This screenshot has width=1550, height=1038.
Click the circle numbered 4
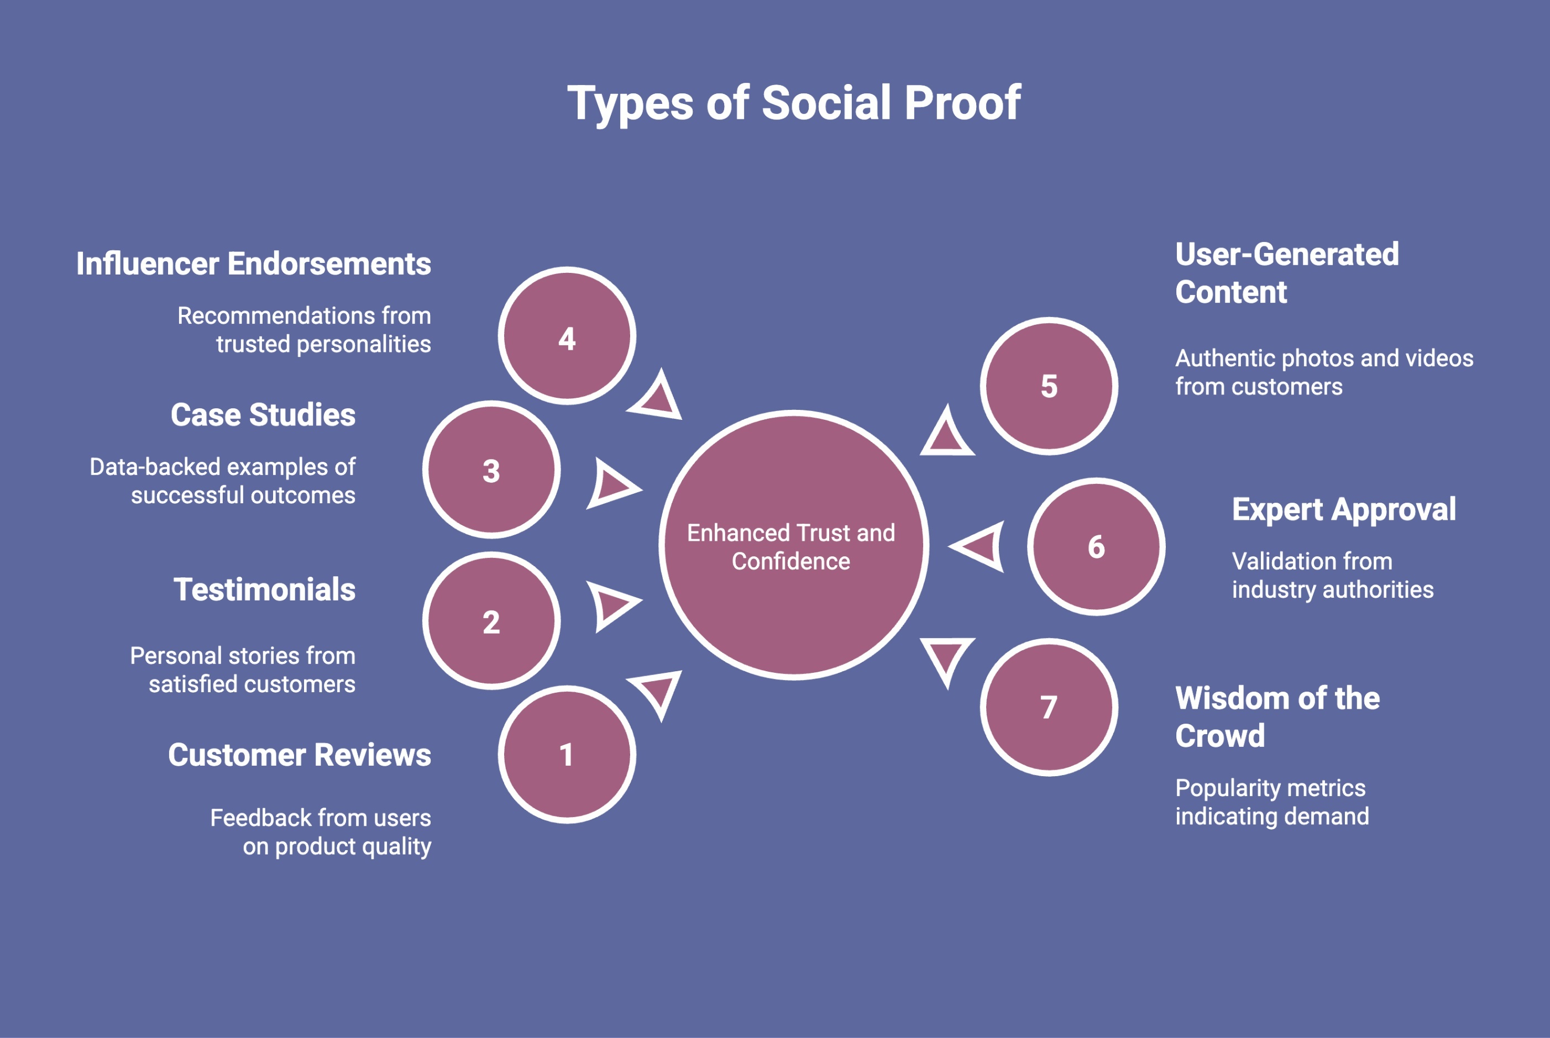pyautogui.click(x=567, y=336)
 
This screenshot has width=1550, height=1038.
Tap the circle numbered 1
pyautogui.click(x=567, y=755)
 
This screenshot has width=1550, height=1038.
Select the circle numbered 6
pyautogui.click(x=1096, y=547)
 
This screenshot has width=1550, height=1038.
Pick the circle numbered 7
pyautogui.click(x=1049, y=707)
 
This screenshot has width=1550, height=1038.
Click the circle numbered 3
pyautogui.click(x=491, y=470)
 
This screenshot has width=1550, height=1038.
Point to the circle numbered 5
pyautogui.click(x=1049, y=386)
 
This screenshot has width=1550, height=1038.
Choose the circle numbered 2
pyautogui.click(x=491, y=621)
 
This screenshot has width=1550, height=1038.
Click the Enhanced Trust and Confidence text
pyautogui.click(x=791, y=547)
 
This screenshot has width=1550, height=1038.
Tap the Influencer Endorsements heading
pyautogui.click(x=254, y=264)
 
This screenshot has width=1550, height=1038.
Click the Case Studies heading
pyautogui.click(x=263, y=415)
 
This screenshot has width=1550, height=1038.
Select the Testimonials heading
pyautogui.click(x=264, y=590)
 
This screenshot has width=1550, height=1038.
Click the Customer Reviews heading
pyautogui.click(x=300, y=755)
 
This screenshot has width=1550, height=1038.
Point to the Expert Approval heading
pyautogui.click(x=1343, y=510)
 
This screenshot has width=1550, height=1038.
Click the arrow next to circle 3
pyautogui.click(x=612, y=484)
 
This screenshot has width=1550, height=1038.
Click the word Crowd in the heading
pyautogui.click(x=1219, y=736)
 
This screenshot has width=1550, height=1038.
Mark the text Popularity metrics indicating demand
pyautogui.click(x=1271, y=802)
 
